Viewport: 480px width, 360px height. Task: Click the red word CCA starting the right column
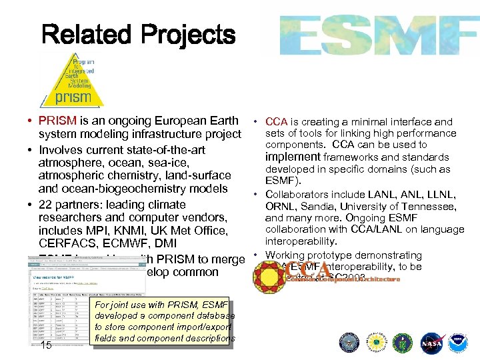(276, 121)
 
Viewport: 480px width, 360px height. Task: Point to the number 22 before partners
(45, 204)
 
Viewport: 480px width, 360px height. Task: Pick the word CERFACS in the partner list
(66, 243)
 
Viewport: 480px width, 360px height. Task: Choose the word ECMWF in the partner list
(125, 243)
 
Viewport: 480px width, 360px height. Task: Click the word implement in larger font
(293, 157)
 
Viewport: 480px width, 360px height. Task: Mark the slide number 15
(46, 345)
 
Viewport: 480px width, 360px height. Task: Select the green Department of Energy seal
(402, 344)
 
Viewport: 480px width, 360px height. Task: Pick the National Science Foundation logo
(375, 344)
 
